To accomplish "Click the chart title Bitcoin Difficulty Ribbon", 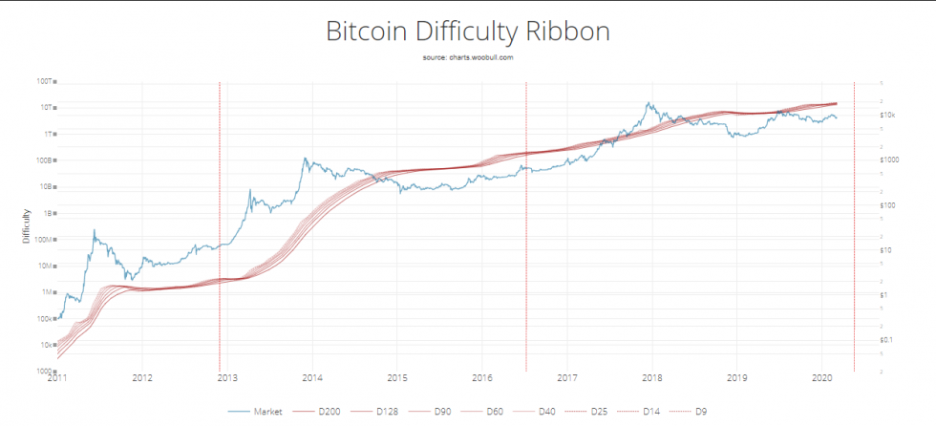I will click(467, 32).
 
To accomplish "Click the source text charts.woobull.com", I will click(467, 58).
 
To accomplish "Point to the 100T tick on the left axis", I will click(47, 82).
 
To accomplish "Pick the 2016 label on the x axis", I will click(482, 379).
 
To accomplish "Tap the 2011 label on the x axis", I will click(57, 379).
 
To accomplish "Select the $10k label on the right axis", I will click(886, 116).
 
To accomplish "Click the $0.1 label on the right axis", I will click(886, 340).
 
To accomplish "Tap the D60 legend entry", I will click(488, 412).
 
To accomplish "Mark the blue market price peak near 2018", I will click(649, 103).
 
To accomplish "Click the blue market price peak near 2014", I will click(306, 159).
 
